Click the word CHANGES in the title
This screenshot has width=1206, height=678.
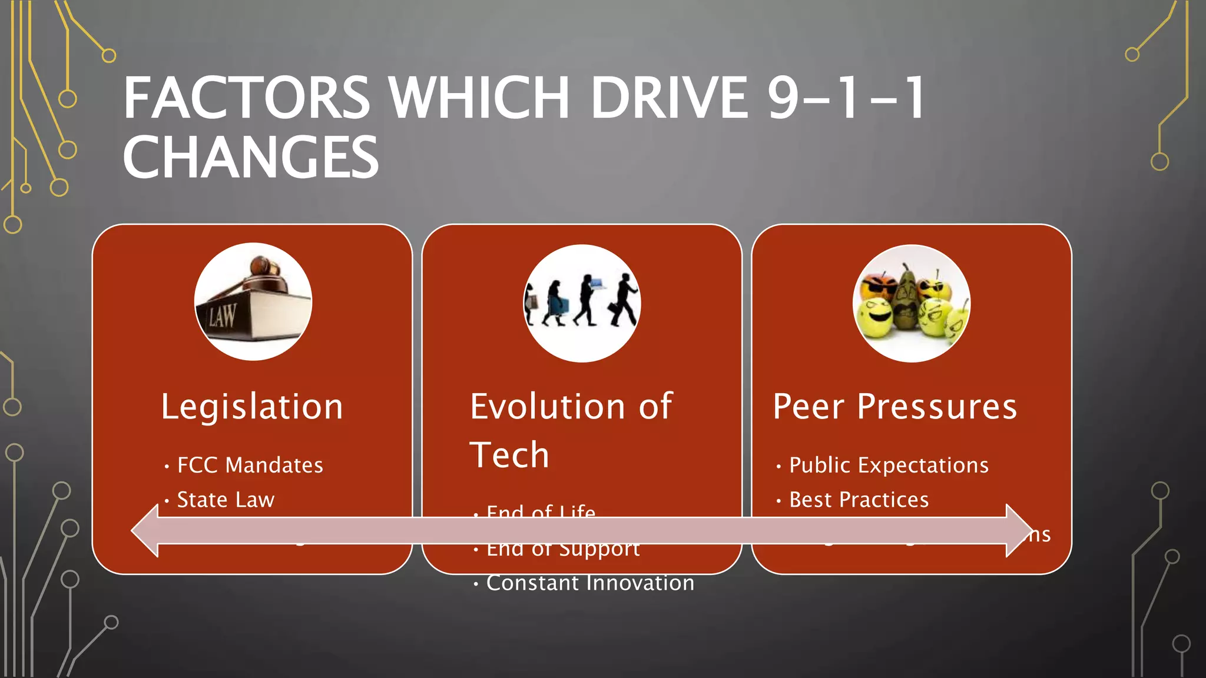pos(250,158)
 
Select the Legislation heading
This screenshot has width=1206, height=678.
pos(252,407)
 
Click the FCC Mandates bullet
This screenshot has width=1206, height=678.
pos(250,466)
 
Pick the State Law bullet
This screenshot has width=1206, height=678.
pos(226,500)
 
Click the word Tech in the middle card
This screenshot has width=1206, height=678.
pos(509,455)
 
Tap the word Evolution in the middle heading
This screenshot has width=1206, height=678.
pos(548,407)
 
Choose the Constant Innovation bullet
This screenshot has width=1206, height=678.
pos(589,583)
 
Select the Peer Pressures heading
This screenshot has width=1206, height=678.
pos(894,407)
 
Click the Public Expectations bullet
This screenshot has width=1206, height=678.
pos(888,466)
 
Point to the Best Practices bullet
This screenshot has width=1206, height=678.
pos(859,500)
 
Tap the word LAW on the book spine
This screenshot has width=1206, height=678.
pos(222,317)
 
